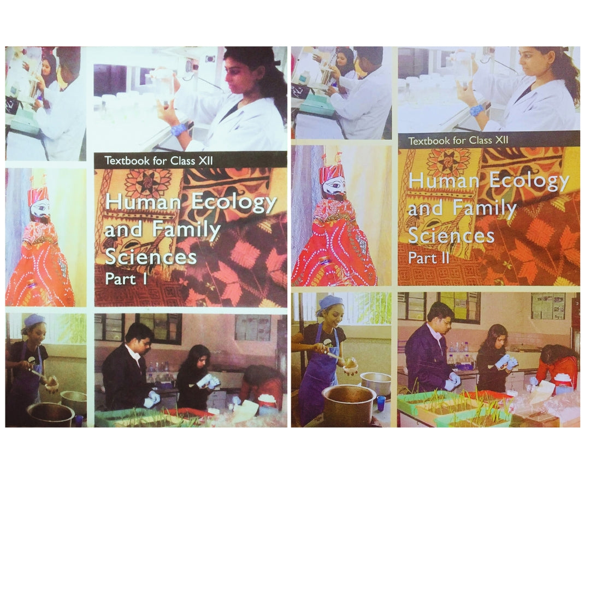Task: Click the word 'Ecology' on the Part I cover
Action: [x=233, y=204]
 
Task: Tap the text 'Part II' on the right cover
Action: [x=429, y=258]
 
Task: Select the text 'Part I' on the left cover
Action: [x=126, y=279]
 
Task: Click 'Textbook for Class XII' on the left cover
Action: [x=159, y=161]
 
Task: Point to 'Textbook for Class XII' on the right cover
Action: [x=458, y=141]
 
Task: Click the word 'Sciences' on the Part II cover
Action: [x=451, y=235]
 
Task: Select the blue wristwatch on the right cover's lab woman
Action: [x=476, y=110]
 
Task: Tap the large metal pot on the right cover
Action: [x=348, y=404]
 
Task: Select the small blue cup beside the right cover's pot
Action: [x=380, y=403]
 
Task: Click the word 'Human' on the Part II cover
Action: [x=444, y=181]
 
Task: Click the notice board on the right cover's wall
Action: [x=548, y=306]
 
